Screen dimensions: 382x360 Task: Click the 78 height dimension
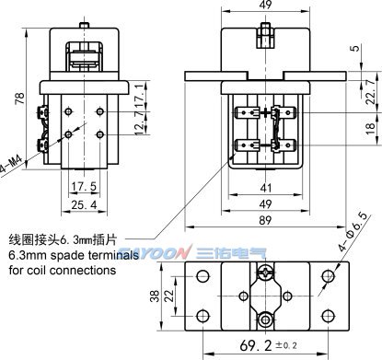coord(20,98)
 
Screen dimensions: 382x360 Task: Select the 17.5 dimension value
coord(84,186)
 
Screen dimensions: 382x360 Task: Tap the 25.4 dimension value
coord(84,204)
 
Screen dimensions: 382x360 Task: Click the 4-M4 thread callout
coord(11,166)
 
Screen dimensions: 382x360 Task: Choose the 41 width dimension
coord(265,188)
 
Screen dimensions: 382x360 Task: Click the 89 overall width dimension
coord(265,220)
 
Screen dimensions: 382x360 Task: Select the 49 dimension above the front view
coord(265,5)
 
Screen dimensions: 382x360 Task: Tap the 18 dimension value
coord(371,126)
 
